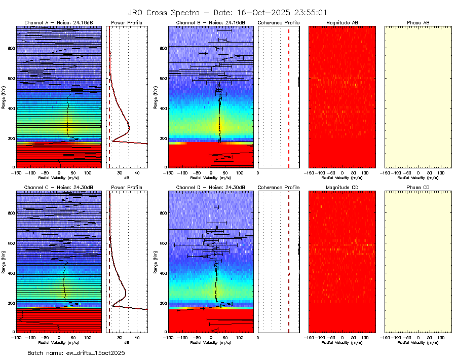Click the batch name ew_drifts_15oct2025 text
pos(76,352)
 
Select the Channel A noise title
pos(59,23)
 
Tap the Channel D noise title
pos(210,188)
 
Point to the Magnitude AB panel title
pos(342,23)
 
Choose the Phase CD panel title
pos(418,188)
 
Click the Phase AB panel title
pos(418,23)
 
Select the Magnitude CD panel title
pos(342,188)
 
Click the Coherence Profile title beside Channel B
pos(278,23)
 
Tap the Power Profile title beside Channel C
pos(127,188)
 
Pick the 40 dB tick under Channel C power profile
pos(137,337)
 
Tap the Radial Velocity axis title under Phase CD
pos(418,342)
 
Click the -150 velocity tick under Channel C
pos(16,337)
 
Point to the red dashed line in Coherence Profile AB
pos(289,96)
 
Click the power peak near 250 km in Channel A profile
pos(129,127)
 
